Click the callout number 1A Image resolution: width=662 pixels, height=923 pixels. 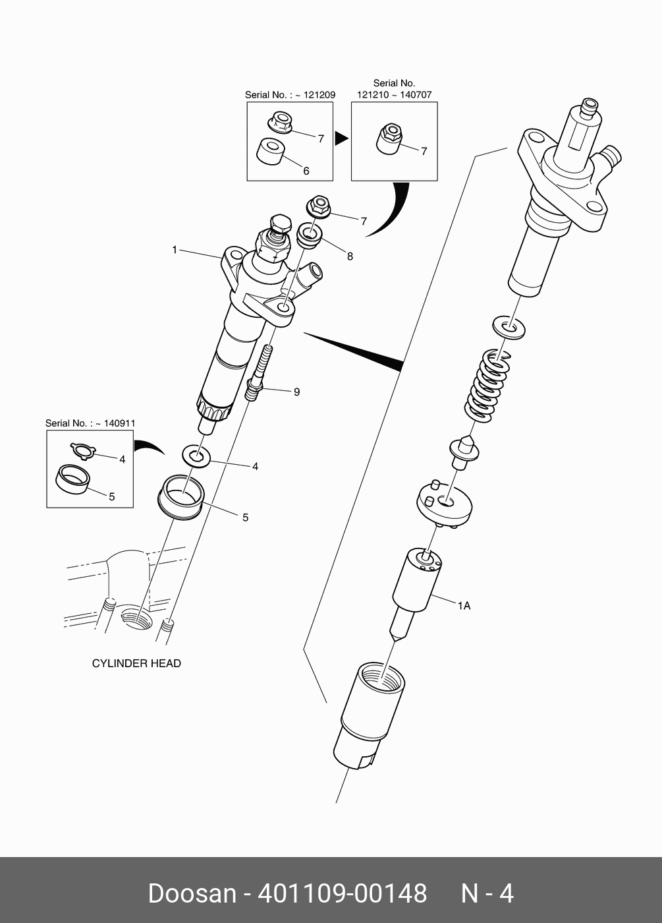coord(464,605)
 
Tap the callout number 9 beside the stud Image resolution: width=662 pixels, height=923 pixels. coord(296,392)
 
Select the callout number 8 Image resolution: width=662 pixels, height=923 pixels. coord(350,256)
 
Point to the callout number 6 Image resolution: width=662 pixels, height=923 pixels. coord(306,171)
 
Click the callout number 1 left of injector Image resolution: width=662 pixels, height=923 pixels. coord(175,250)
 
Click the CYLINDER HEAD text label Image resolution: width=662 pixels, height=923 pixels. coord(136,663)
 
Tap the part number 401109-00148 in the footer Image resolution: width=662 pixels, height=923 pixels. coord(342,894)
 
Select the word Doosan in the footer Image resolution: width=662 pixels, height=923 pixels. coord(192,894)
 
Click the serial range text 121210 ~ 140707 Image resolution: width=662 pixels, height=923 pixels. coord(394,95)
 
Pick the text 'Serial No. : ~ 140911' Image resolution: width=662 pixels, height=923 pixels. coord(91,423)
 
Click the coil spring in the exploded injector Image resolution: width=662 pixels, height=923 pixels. coord(488,386)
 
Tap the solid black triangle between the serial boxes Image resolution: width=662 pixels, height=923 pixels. coord(341,138)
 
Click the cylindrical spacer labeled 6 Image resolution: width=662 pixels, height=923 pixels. coord(270,151)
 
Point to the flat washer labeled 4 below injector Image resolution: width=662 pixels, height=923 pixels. coord(196,454)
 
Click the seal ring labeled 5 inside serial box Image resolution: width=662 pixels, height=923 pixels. coord(72,478)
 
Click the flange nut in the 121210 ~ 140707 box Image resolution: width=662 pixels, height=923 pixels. coord(389,138)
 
